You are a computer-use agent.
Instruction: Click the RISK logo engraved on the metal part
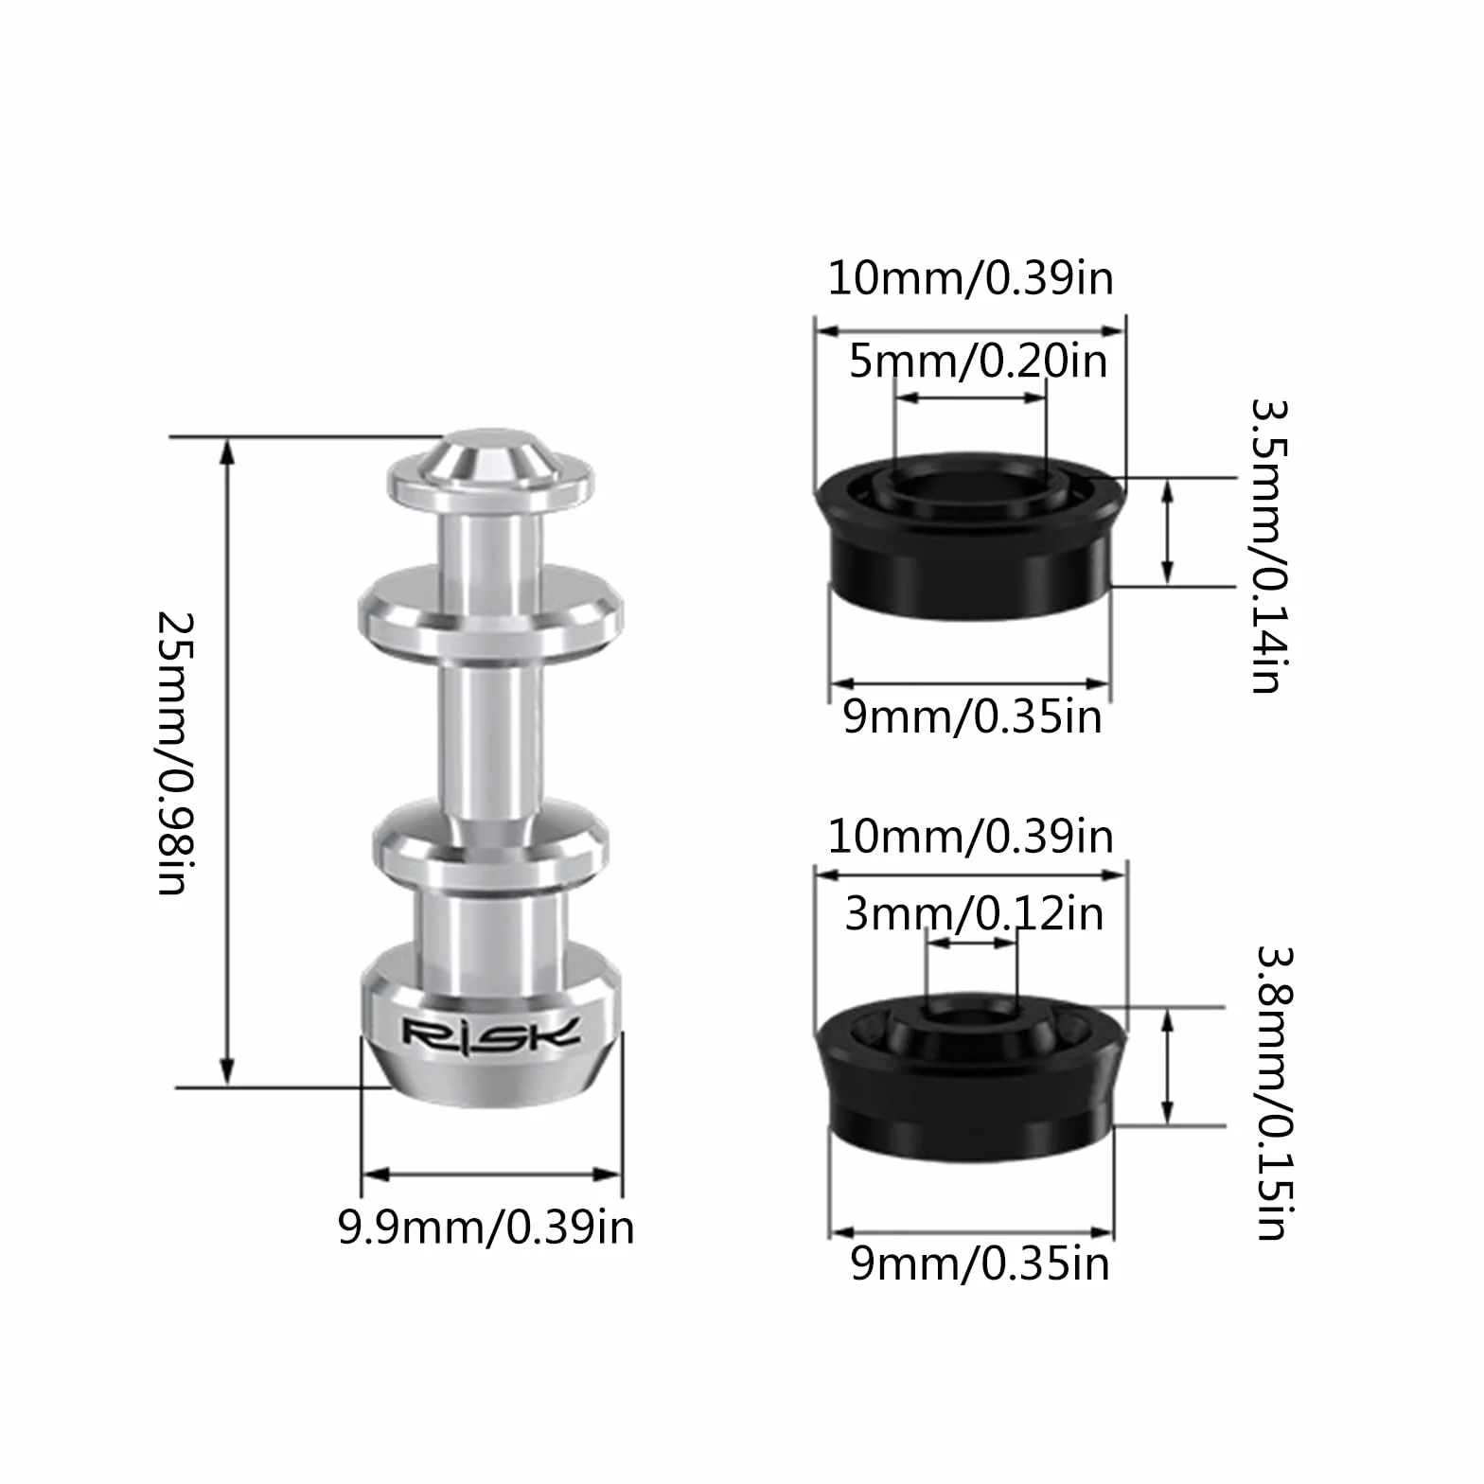click(x=490, y=1033)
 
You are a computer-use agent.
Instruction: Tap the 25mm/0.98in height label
click(x=176, y=753)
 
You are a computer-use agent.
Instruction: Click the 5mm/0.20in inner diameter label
click(x=978, y=361)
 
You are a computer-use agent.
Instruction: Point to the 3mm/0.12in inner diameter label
click(x=974, y=913)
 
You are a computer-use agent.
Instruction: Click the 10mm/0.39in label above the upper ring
click(x=971, y=278)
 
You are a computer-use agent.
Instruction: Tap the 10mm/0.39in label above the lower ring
click(x=971, y=837)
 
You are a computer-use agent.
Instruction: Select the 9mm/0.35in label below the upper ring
click(x=973, y=717)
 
